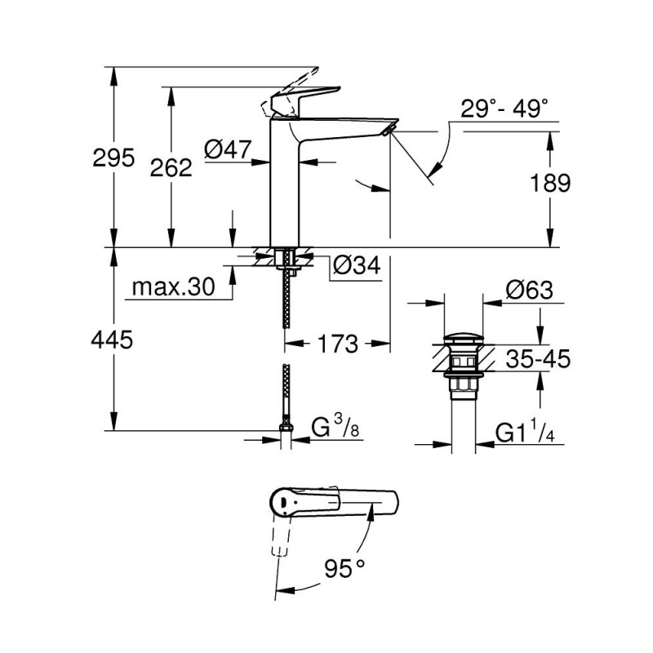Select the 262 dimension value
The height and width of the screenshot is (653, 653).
click(x=171, y=167)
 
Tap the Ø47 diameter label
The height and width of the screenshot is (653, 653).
click(x=227, y=149)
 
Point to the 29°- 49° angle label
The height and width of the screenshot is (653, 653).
click(x=493, y=109)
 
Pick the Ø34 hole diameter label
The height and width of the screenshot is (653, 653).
click(x=357, y=265)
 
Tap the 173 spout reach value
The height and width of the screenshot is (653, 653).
click(x=339, y=344)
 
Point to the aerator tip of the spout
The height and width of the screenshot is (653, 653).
click(x=390, y=127)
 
